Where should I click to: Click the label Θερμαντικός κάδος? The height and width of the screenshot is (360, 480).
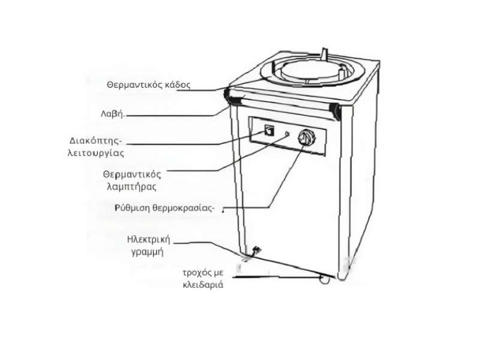click(148, 85)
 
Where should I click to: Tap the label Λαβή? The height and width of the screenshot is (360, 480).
click(113, 114)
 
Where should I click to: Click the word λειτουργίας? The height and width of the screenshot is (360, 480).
click(96, 153)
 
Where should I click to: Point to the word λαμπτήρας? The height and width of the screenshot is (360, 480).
click(131, 187)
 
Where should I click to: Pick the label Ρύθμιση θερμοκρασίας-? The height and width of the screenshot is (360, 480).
click(164, 208)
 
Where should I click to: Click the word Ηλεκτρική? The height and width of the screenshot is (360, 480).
click(148, 239)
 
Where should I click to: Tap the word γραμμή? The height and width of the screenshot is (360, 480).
click(147, 252)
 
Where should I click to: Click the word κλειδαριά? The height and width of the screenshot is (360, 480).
click(203, 285)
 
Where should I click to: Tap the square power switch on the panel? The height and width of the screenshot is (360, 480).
click(269, 130)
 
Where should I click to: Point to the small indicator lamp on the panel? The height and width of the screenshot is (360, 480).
click(287, 134)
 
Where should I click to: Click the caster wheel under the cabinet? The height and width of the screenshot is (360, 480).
click(325, 279)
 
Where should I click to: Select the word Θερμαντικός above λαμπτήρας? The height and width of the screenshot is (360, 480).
click(132, 175)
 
